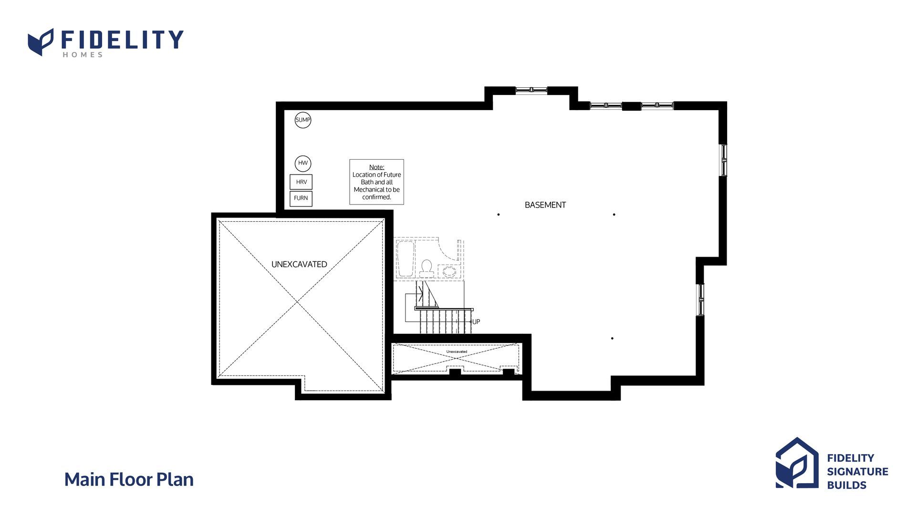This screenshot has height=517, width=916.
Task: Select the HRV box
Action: [301, 182]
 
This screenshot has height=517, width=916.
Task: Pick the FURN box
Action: [301, 198]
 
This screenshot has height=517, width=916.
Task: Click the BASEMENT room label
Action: [545, 205]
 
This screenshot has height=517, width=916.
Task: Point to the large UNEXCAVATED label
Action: [299, 264]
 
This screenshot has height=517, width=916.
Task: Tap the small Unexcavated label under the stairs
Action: [457, 352]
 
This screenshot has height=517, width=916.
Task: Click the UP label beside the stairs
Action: [476, 322]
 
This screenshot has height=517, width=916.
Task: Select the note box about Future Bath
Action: [376, 182]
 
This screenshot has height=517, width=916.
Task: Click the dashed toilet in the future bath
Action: [427, 269]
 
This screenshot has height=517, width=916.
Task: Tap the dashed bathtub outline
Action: [406, 258]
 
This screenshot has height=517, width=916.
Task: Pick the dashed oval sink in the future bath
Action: [449, 271]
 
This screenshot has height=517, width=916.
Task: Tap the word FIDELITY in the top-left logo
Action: [122, 40]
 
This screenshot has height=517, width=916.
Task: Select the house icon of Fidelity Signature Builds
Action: [797, 463]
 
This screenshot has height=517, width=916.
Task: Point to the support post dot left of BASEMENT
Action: [499, 215]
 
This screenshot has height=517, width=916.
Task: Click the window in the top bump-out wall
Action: [531, 90]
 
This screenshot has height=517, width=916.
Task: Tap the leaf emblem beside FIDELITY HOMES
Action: [41, 42]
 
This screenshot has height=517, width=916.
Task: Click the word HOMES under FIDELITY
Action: [83, 55]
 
